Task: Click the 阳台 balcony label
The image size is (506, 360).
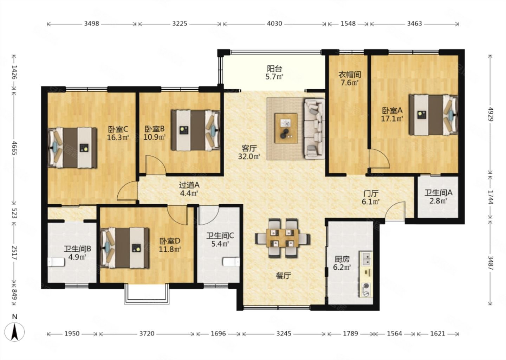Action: click(274, 68)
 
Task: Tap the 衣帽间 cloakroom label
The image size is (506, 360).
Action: click(349, 74)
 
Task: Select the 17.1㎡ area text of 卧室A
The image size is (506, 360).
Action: click(392, 118)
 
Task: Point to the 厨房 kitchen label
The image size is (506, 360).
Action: click(342, 259)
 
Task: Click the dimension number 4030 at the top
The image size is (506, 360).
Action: click(274, 24)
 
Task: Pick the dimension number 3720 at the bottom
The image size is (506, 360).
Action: click(147, 334)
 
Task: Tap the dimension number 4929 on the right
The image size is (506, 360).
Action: click(490, 114)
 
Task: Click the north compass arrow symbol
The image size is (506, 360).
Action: click(15, 332)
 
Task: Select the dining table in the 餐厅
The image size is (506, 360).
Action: click(283, 238)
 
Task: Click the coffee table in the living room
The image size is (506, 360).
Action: click(286, 128)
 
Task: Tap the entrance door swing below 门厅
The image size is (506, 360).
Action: click(395, 211)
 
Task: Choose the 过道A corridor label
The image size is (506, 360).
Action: click(189, 185)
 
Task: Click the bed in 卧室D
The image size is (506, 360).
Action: click(125, 248)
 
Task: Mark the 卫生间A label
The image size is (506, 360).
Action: click(438, 193)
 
